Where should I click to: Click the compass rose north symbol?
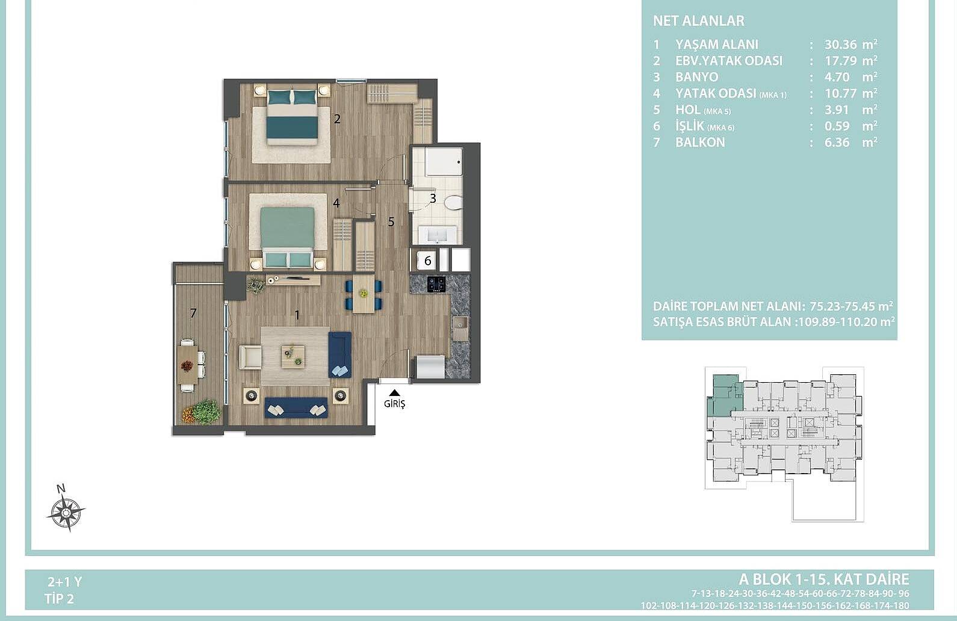tap(66, 510)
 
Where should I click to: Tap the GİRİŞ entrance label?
tap(394, 404)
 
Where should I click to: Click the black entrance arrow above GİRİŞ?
tap(394, 393)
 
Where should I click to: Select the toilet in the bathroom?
tap(453, 202)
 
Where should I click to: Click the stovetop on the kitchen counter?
tap(436, 284)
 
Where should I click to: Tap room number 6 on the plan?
tap(428, 261)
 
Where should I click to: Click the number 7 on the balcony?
tap(193, 314)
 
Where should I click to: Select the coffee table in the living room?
tap(293, 357)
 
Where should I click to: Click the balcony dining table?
tap(187, 365)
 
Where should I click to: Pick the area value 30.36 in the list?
tap(841, 45)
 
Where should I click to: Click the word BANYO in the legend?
tap(697, 77)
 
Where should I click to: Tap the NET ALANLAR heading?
tap(699, 21)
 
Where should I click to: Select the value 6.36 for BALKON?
tap(837, 142)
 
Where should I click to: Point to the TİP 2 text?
tap(59, 599)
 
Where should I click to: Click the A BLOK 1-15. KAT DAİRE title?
tap(824, 579)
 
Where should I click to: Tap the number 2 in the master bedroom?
tap(337, 119)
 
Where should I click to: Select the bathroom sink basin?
tap(437, 235)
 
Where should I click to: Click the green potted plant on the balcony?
tap(206, 411)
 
